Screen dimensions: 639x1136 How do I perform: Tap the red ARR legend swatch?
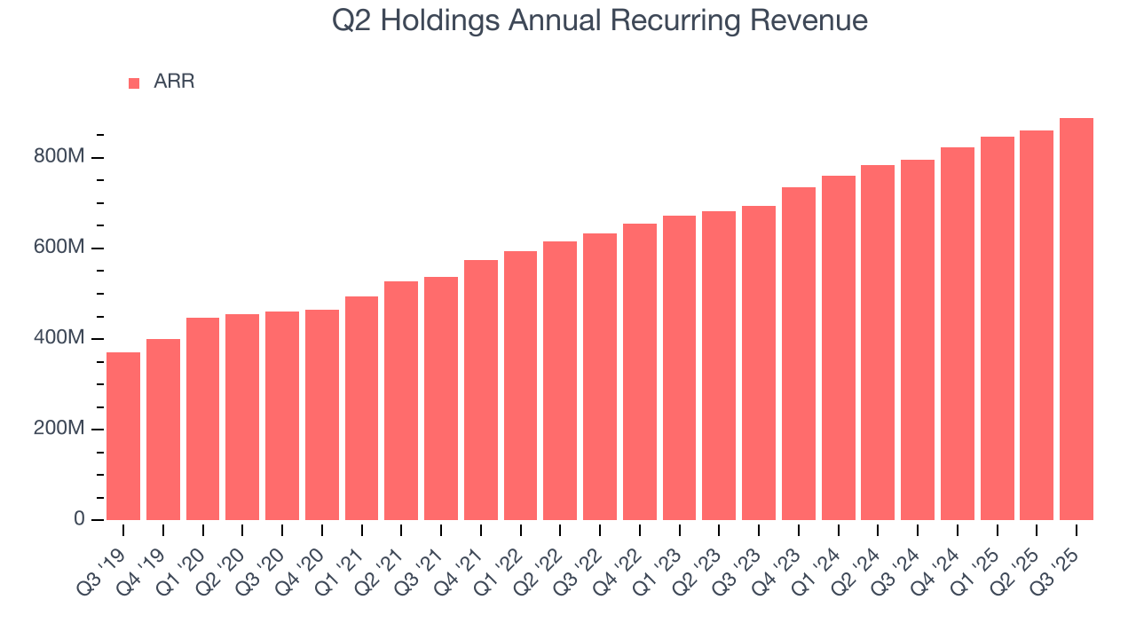click(x=134, y=83)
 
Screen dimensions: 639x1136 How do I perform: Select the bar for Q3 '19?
click(x=123, y=436)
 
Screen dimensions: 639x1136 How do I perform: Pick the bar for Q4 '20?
click(x=322, y=414)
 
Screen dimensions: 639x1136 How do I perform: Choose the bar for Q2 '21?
click(x=401, y=400)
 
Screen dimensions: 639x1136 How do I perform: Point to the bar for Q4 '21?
click(x=481, y=390)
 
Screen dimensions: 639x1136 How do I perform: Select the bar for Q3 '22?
click(x=600, y=376)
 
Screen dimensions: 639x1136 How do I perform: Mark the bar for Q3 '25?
click(x=1077, y=319)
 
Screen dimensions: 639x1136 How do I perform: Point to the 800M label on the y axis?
click(x=60, y=157)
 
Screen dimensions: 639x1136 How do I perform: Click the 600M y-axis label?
click(x=60, y=248)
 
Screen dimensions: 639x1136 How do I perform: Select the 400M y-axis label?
click(x=60, y=338)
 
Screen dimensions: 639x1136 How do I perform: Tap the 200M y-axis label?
click(x=60, y=429)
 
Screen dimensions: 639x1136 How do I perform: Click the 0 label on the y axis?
click(x=79, y=519)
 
